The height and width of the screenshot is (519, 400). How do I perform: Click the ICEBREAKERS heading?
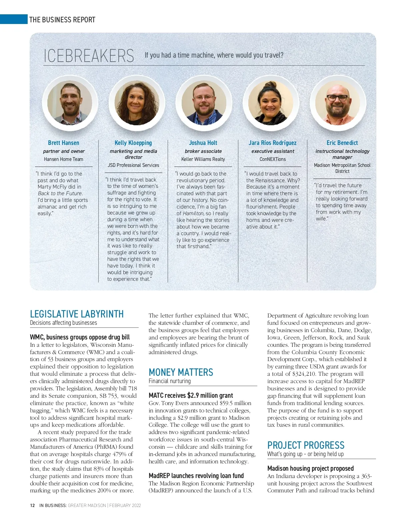[89, 56]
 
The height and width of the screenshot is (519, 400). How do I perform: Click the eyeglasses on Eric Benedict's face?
[337, 98]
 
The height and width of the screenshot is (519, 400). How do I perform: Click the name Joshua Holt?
[203, 143]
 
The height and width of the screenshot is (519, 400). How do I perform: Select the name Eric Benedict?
[342, 143]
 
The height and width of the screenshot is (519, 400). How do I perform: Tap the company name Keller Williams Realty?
[203, 159]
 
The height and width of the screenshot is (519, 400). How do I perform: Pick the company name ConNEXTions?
[273, 159]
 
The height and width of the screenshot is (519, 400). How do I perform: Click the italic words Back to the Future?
[60, 193]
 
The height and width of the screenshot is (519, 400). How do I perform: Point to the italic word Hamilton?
[193, 213]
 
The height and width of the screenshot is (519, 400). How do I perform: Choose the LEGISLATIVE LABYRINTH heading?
[77, 314]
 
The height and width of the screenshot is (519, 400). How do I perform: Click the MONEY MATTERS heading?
[181, 372]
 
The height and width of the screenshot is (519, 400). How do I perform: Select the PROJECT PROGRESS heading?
[306, 445]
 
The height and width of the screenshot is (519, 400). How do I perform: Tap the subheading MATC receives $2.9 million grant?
[191, 395]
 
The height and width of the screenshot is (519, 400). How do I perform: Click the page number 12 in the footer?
[32, 505]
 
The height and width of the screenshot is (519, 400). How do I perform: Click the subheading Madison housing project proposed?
[310, 468]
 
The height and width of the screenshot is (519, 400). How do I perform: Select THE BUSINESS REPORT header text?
[62, 20]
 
